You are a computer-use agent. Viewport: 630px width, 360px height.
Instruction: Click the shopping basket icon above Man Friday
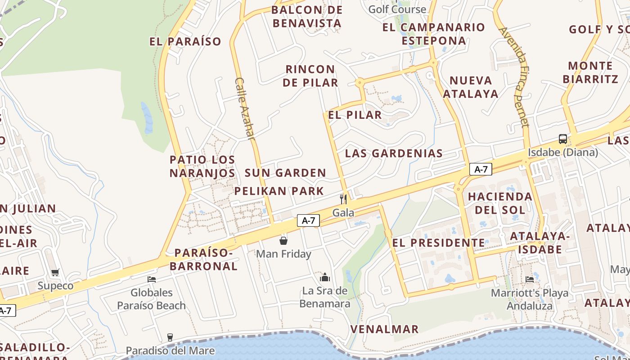(x=283, y=241)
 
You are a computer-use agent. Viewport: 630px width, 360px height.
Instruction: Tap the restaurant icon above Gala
(x=343, y=199)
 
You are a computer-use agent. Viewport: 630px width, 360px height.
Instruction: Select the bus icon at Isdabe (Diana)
(x=563, y=139)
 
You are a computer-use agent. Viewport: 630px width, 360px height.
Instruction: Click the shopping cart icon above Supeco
(x=55, y=272)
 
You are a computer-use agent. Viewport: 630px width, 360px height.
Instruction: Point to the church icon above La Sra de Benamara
(x=325, y=277)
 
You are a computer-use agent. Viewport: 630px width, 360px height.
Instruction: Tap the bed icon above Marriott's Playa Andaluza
(x=530, y=279)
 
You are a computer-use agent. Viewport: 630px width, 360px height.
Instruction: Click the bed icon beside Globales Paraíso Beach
(x=152, y=279)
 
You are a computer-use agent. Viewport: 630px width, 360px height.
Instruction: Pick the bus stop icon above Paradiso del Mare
(x=170, y=337)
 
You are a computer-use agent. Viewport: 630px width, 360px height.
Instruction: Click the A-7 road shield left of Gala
(x=308, y=220)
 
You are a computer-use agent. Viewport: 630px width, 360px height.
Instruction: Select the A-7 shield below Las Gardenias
(x=481, y=169)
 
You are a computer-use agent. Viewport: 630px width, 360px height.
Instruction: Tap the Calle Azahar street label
(x=245, y=108)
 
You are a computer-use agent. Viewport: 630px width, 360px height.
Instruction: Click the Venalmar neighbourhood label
(x=384, y=329)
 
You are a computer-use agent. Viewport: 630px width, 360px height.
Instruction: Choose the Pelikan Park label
(x=279, y=191)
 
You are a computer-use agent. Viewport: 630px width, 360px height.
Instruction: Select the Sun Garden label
(x=285, y=173)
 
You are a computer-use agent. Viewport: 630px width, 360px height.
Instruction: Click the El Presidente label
(x=439, y=243)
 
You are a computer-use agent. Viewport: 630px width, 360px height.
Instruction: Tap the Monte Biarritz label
(x=590, y=72)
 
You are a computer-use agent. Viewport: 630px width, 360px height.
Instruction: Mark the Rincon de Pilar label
(x=311, y=76)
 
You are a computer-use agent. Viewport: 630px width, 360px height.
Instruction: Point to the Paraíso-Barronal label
(x=206, y=260)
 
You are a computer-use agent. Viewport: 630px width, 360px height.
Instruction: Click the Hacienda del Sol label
(x=500, y=203)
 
